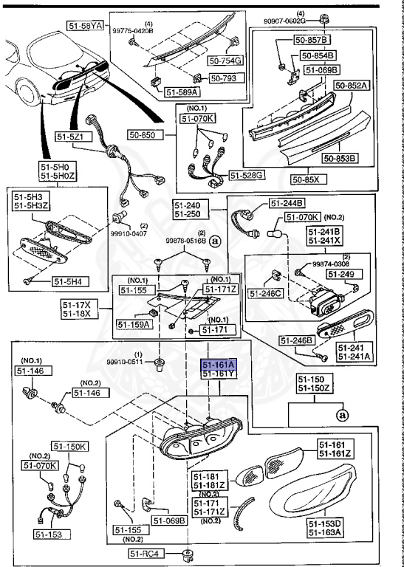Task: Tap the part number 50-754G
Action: click(226, 61)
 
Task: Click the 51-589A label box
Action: click(182, 92)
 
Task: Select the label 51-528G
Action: click(247, 176)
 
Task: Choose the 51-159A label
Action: click(134, 324)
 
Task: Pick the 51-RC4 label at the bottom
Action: click(146, 553)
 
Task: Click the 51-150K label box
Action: click(70, 447)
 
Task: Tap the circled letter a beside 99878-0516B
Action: click(216, 240)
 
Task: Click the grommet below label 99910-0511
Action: click(158, 365)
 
